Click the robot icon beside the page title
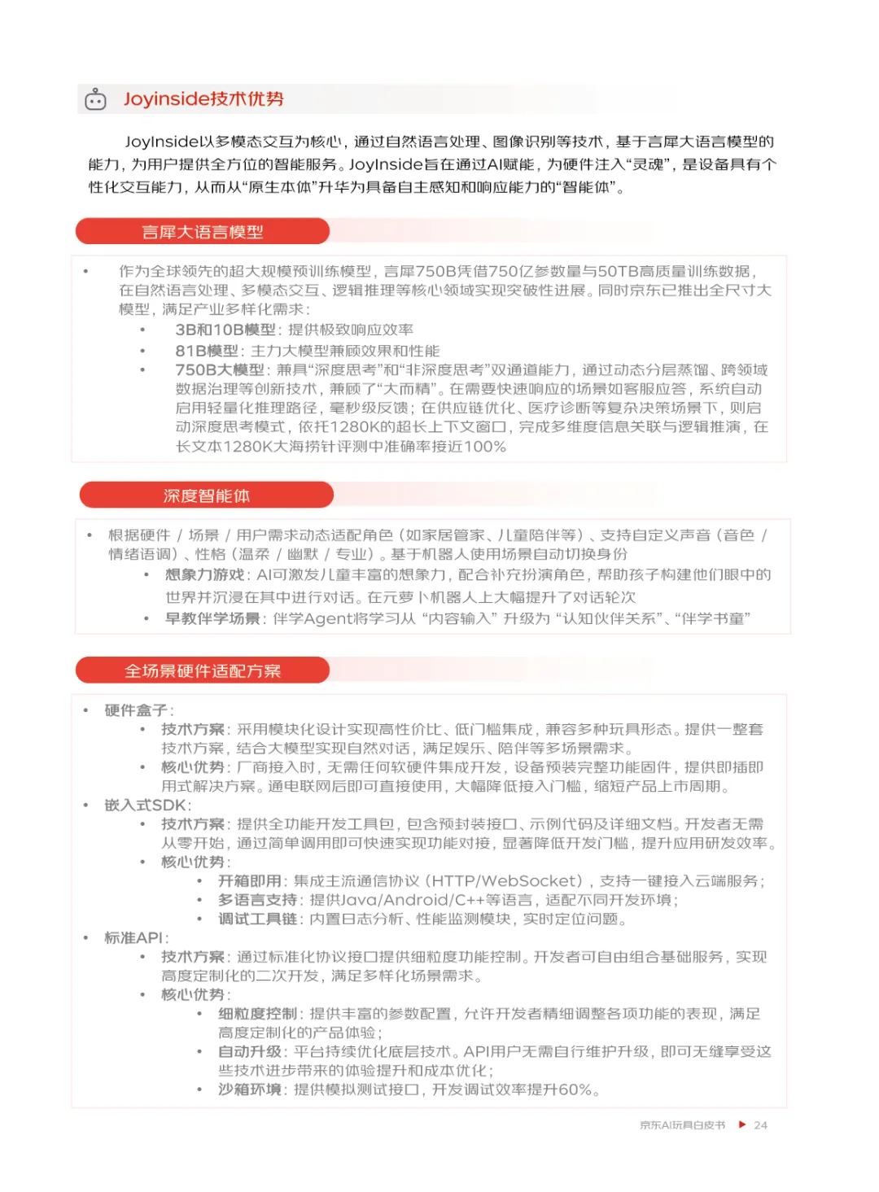96,99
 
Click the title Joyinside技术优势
203,99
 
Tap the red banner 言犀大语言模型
203,232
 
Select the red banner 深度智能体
207,496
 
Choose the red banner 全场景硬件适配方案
203,671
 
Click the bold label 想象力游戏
205,575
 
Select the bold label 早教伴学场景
212,619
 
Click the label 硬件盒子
136,710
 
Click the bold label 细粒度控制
258,1014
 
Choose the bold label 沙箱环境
250,1089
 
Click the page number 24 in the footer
761,1125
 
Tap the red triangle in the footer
742,1124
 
